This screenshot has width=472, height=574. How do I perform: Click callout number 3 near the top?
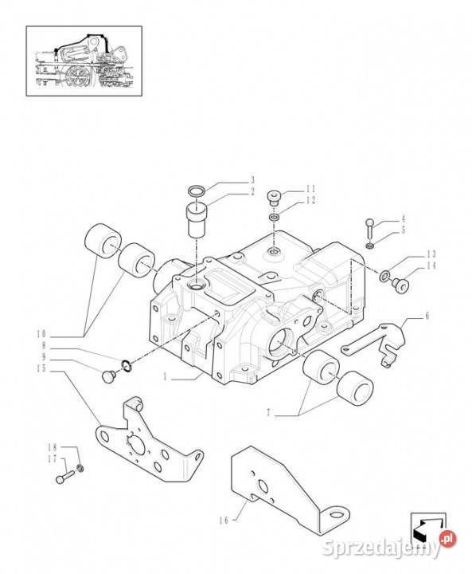252,180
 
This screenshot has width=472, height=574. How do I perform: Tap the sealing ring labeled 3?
197,191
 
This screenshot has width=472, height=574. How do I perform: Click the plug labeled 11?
274,197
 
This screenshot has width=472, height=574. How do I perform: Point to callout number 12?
310,200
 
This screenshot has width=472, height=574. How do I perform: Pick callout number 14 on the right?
431,265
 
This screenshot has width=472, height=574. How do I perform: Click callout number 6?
427,316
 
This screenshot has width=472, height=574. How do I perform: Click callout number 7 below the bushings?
268,413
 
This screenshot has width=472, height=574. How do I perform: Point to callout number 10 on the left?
41,334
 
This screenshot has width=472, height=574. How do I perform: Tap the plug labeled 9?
108,376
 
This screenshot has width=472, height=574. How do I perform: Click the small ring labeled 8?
127,364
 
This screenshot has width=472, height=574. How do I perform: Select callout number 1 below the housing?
165,376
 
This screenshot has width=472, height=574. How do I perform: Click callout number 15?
41,368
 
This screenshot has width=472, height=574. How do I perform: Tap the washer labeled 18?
80,468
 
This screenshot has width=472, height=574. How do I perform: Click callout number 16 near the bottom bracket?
224,520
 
